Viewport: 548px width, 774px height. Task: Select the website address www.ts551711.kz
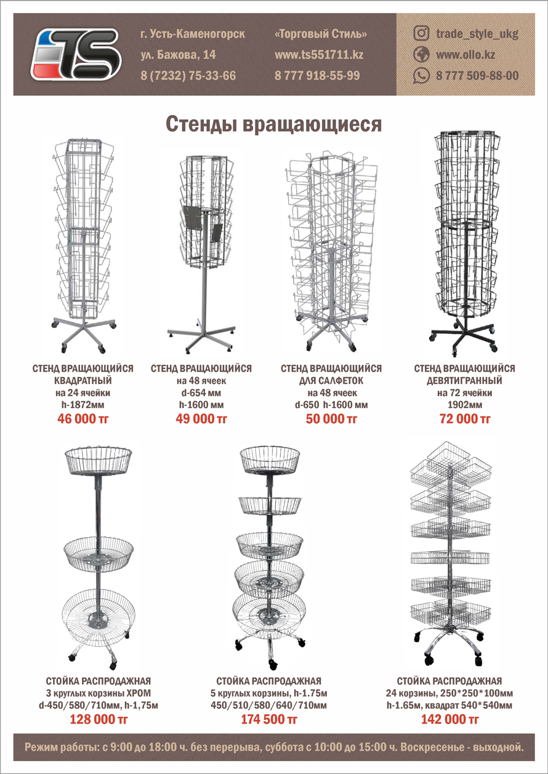point(318,55)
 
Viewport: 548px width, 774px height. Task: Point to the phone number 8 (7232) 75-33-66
point(188,76)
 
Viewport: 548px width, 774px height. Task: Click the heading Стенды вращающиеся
point(274,124)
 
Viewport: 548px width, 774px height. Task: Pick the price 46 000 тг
point(83,419)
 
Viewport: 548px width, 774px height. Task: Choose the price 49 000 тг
point(201,419)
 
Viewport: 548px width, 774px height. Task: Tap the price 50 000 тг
point(332,419)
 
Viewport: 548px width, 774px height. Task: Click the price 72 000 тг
point(465,419)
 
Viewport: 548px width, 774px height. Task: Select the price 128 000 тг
point(99,719)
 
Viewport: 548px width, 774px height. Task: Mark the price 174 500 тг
point(269,719)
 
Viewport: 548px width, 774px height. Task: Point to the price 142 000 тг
point(449,719)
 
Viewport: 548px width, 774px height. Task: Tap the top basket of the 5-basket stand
point(270,460)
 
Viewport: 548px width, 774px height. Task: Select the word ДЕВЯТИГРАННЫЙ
point(465,381)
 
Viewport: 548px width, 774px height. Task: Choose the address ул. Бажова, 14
point(178,55)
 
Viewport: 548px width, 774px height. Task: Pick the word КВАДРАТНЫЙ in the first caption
point(83,381)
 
